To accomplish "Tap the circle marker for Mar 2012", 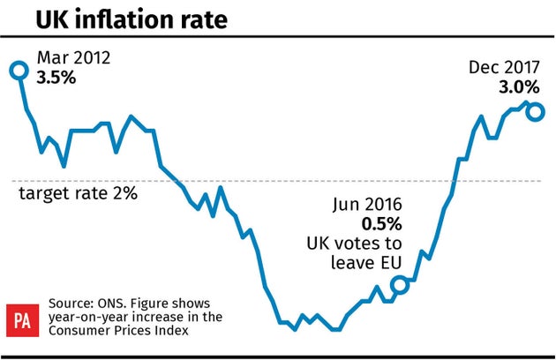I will tap(18, 70).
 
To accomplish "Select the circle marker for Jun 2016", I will tap(399, 284).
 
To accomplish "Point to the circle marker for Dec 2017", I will tap(536, 112).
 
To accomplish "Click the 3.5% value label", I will tap(56, 78).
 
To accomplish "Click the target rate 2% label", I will tap(78, 193).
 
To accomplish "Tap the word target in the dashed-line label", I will tap(41, 193).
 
